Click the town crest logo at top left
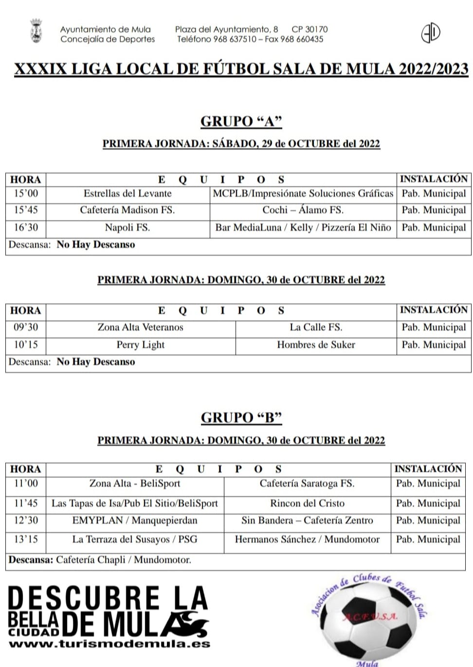(x=36, y=31)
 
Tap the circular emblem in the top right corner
(x=430, y=33)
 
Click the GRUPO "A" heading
(x=241, y=121)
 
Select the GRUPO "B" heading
(x=241, y=417)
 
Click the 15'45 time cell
(x=26, y=210)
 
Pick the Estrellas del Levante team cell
(x=127, y=193)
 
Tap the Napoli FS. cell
(x=127, y=227)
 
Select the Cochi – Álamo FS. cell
(x=303, y=210)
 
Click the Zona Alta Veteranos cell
(x=140, y=327)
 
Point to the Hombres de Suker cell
(x=316, y=345)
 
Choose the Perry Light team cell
(x=140, y=345)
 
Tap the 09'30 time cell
(x=26, y=327)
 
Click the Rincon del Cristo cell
(x=307, y=503)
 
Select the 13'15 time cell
(x=26, y=539)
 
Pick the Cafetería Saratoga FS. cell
(x=307, y=484)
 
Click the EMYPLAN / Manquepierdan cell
(x=135, y=521)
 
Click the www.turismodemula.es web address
(x=109, y=644)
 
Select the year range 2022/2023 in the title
(x=433, y=69)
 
